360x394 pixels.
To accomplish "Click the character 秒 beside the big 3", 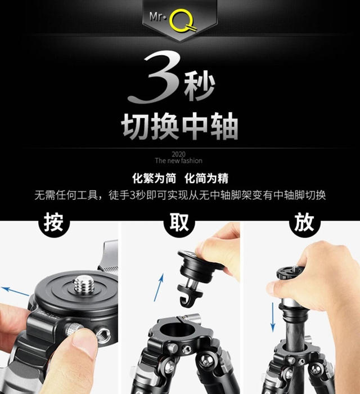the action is [x=200, y=86].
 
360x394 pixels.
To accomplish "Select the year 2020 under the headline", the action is [x=178, y=154].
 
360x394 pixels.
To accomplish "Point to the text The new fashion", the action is [x=178, y=160].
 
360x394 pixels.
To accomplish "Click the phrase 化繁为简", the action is [x=154, y=178].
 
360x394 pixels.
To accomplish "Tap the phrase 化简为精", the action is [x=206, y=178].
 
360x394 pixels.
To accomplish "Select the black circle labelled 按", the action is [x=53, y=222].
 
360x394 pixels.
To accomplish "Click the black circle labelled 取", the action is [x=179, y=222].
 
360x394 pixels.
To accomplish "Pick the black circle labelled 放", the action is [x=304, y=222].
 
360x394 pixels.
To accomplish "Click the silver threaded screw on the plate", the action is [x=84, y=284].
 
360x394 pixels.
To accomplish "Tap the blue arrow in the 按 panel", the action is [x=16, y=292].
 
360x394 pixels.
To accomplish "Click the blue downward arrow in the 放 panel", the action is [x=273, y=317].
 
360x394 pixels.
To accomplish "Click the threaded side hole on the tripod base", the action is [x=103, y=336].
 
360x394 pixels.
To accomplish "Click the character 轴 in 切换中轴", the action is [x=224, y=127].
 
